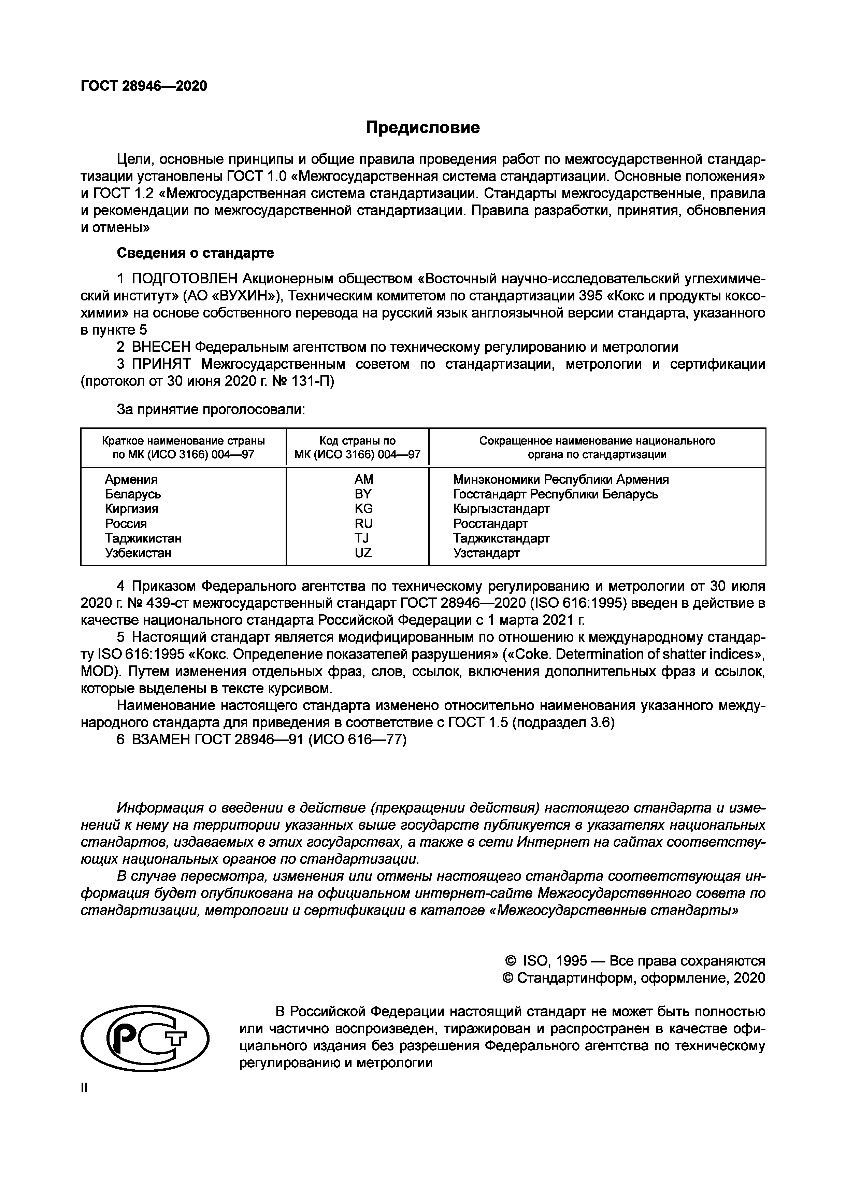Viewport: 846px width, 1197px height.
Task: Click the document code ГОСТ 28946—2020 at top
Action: pos(144,86)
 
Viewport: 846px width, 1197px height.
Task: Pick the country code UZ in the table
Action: pos(363,553)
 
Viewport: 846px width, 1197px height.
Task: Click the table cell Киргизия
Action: pos(131,508)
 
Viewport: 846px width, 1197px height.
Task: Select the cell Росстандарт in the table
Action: pos(490,523)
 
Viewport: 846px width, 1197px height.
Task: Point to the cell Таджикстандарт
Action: pos(501,538)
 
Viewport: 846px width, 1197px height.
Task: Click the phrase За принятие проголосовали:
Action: pos(211,410)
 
